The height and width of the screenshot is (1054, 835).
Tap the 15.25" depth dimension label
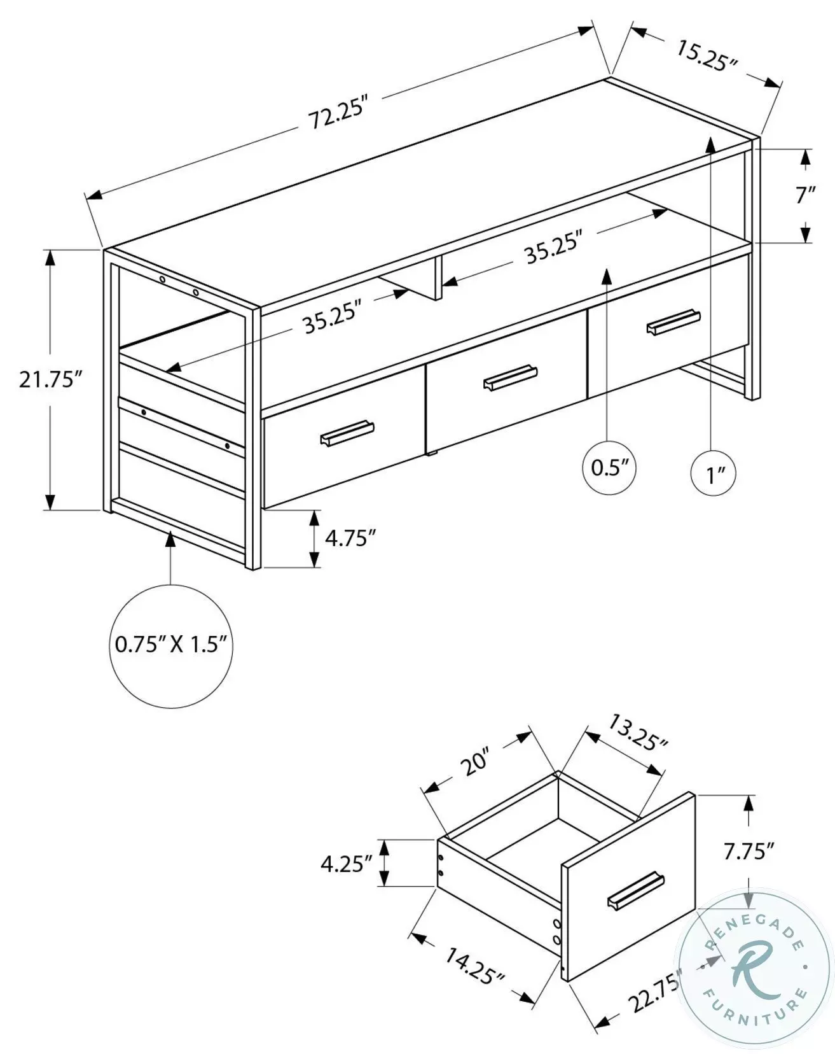coord(706,56)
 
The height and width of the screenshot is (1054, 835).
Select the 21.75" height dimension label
coord(51,380)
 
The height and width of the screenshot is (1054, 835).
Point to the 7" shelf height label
coord(805,195)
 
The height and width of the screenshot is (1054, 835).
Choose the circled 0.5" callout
coord(609,468)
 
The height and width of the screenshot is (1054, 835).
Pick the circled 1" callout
coord(713,474)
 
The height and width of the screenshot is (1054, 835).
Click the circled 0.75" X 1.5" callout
coord(170,645)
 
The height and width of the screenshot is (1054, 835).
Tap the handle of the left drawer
coord(347,433)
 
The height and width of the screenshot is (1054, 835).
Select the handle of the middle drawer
coord(510,377)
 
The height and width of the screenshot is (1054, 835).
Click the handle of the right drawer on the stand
coord(673,321)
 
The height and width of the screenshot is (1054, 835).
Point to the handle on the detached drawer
coord(635,890)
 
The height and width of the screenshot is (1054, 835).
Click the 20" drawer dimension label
coord(475,762)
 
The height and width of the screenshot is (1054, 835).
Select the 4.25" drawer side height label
coord(346,864)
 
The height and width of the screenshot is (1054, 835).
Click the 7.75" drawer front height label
coord(749,851)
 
